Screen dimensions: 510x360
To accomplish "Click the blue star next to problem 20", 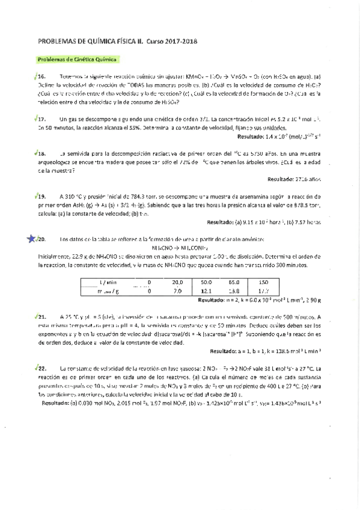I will tap(31, 239).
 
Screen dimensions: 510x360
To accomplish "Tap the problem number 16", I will tap(42, 78).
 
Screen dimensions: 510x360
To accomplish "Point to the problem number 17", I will tap(42, 120).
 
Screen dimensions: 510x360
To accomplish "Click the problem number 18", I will tap(42, 154).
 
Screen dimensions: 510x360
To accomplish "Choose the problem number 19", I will tap(42, 196).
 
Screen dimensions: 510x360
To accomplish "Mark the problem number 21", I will tap(42, 315).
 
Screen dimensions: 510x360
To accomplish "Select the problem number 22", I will tap(42, 367).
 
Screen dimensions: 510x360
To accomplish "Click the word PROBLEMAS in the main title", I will tap(59, 41).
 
